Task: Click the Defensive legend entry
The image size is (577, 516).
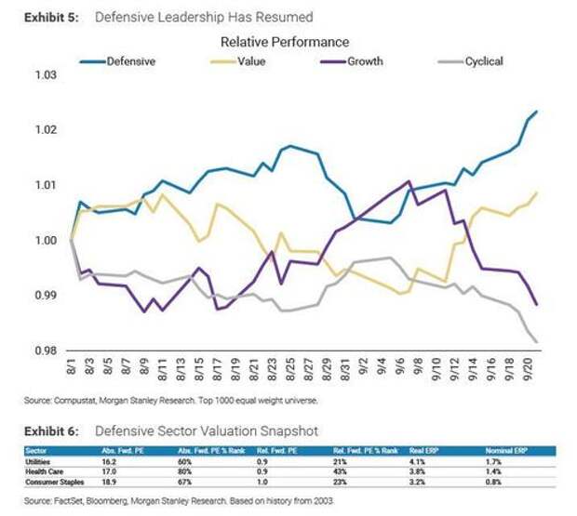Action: [130, 61]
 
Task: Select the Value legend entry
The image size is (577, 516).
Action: [252, 61]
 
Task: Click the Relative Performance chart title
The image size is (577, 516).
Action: [285, 42]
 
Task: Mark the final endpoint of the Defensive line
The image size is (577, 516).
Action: [537, 112]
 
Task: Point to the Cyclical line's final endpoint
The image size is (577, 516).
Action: [537, 341]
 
